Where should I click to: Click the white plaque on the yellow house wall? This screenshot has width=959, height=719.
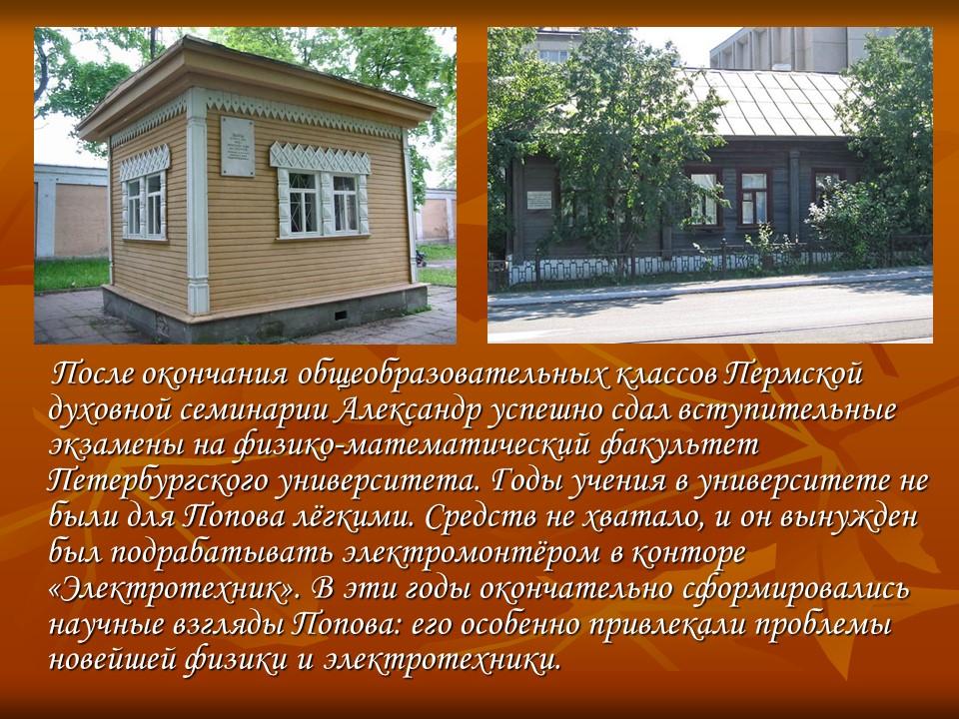(237, 145)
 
